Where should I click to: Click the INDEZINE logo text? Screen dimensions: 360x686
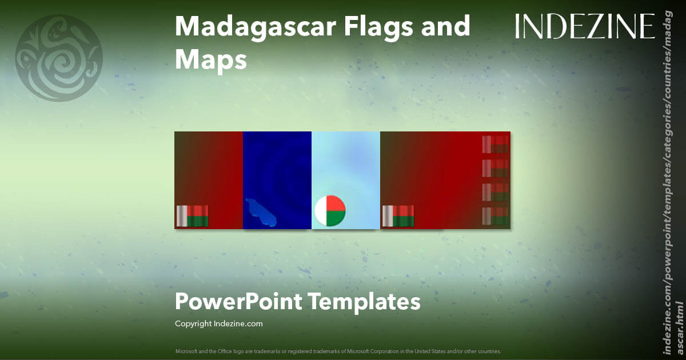(585, 27)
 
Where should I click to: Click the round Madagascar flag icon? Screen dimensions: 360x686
(330, 211)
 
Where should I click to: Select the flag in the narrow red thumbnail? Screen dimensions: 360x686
(192, 216)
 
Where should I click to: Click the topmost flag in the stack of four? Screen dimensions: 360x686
(495, 145)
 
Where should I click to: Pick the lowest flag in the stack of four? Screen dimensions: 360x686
(495, 216)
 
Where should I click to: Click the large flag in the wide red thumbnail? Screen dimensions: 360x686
(398, 216)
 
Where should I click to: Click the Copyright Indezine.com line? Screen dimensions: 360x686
(218, 324)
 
